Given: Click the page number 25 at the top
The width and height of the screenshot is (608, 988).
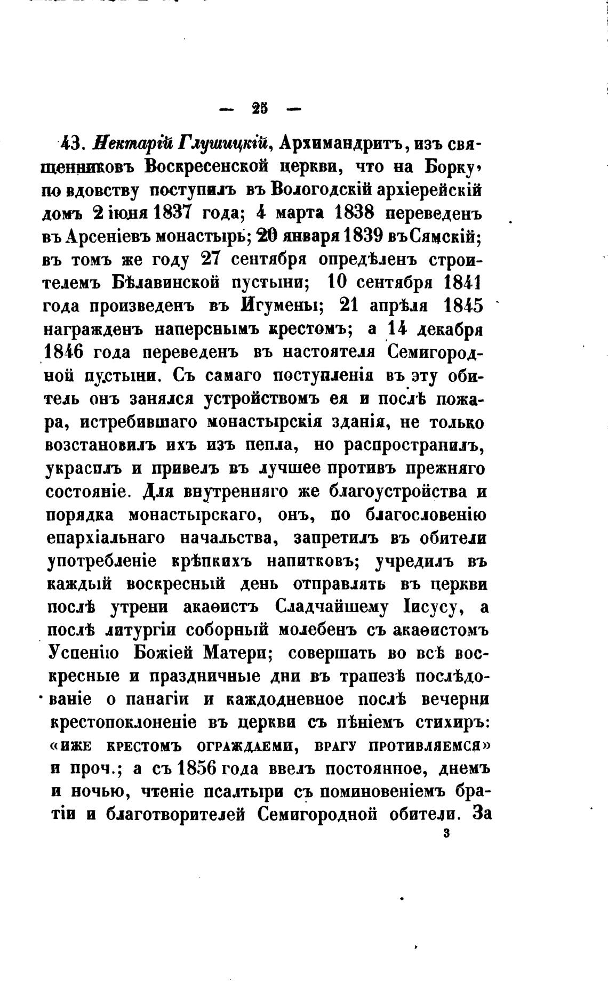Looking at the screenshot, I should coord(260,109).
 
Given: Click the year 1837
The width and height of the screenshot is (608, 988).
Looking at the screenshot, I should coord(172,213).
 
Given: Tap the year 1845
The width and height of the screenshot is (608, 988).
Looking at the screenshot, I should coord(462,306).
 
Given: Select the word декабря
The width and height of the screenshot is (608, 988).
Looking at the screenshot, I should coord(449,329).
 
